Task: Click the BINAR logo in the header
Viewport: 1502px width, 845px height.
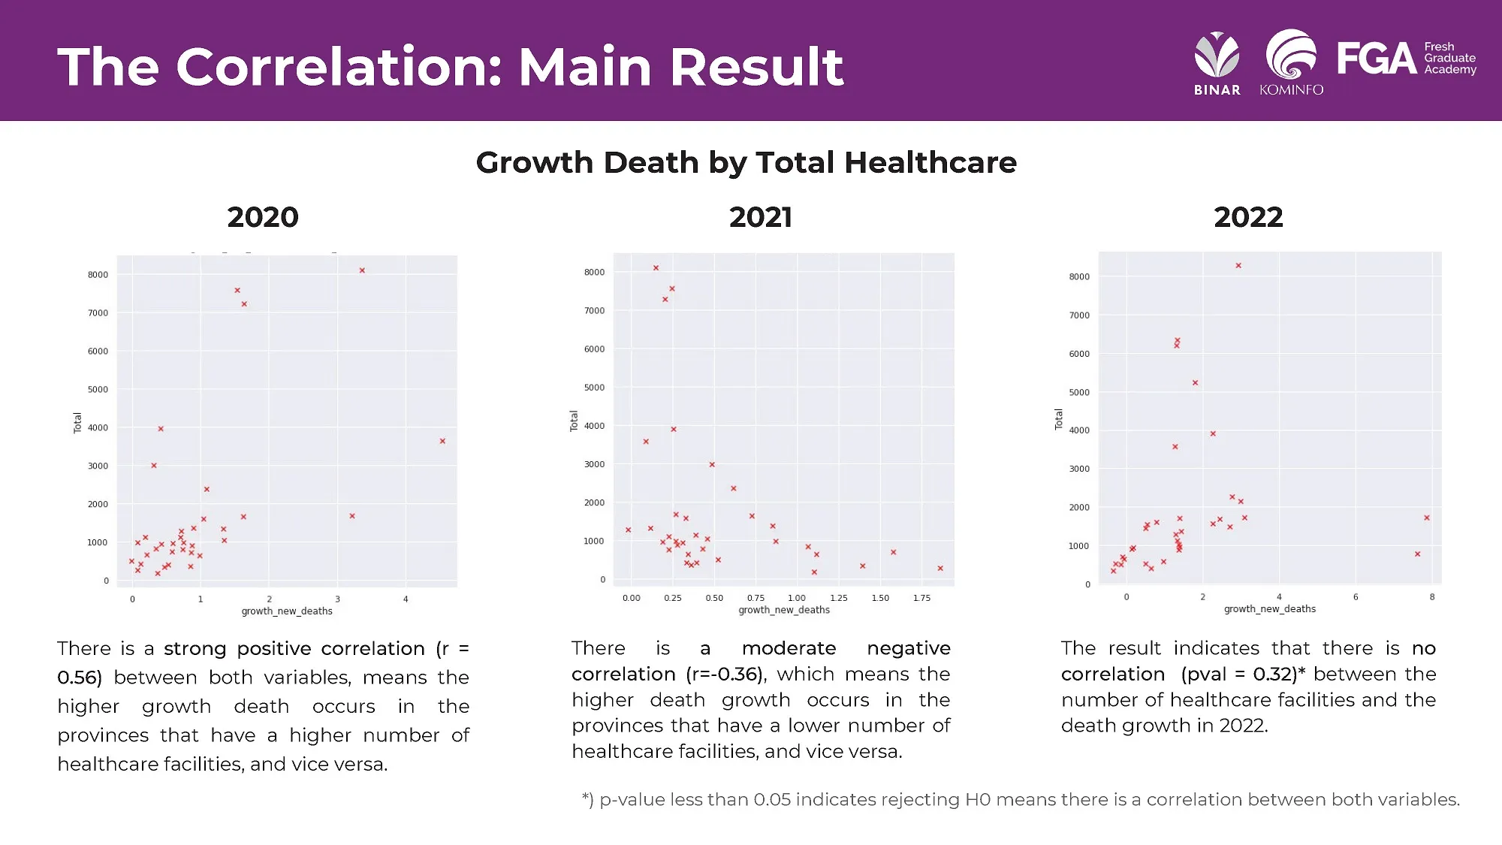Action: pos(1217,63)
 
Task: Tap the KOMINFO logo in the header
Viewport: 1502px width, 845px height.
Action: pos(1291,63)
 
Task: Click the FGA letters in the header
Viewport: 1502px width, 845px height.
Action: pos(1376,59)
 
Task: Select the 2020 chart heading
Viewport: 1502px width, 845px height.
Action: pos(263,217)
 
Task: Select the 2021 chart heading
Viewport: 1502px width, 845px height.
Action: pos(760,217)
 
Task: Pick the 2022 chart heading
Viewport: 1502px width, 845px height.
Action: pos(1248,217)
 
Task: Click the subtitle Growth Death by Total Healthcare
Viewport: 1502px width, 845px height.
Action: pos(746,162)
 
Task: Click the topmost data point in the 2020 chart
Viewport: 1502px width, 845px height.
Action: pos(362,270)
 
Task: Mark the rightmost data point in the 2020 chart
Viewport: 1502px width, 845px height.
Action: pos(442,441)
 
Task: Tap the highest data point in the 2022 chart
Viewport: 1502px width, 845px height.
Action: pos(1238,266)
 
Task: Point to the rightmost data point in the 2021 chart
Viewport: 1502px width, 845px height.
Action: pos(940,569)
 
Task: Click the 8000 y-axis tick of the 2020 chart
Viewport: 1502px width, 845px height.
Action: pos(98,275)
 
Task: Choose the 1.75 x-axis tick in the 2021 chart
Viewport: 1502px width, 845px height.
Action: pos(921,598)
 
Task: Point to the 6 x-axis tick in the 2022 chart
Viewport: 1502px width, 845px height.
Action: pos(1356,597)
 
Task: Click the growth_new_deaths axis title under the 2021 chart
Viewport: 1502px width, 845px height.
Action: pos(783,610)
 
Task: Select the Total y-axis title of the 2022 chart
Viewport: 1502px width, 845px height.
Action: pos(1059,419)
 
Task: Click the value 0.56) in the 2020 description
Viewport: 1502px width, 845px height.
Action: pos(80,678)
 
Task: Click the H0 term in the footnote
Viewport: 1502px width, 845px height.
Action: pos(978,799)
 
